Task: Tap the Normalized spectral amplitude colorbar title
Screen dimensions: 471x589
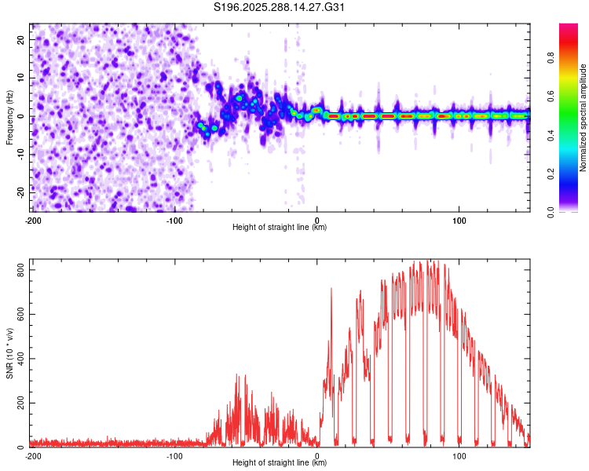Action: [x=583, y=118]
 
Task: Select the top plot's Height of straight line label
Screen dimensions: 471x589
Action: [x=280, y=227]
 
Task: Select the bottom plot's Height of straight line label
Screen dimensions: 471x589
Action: [x=280, y=462]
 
